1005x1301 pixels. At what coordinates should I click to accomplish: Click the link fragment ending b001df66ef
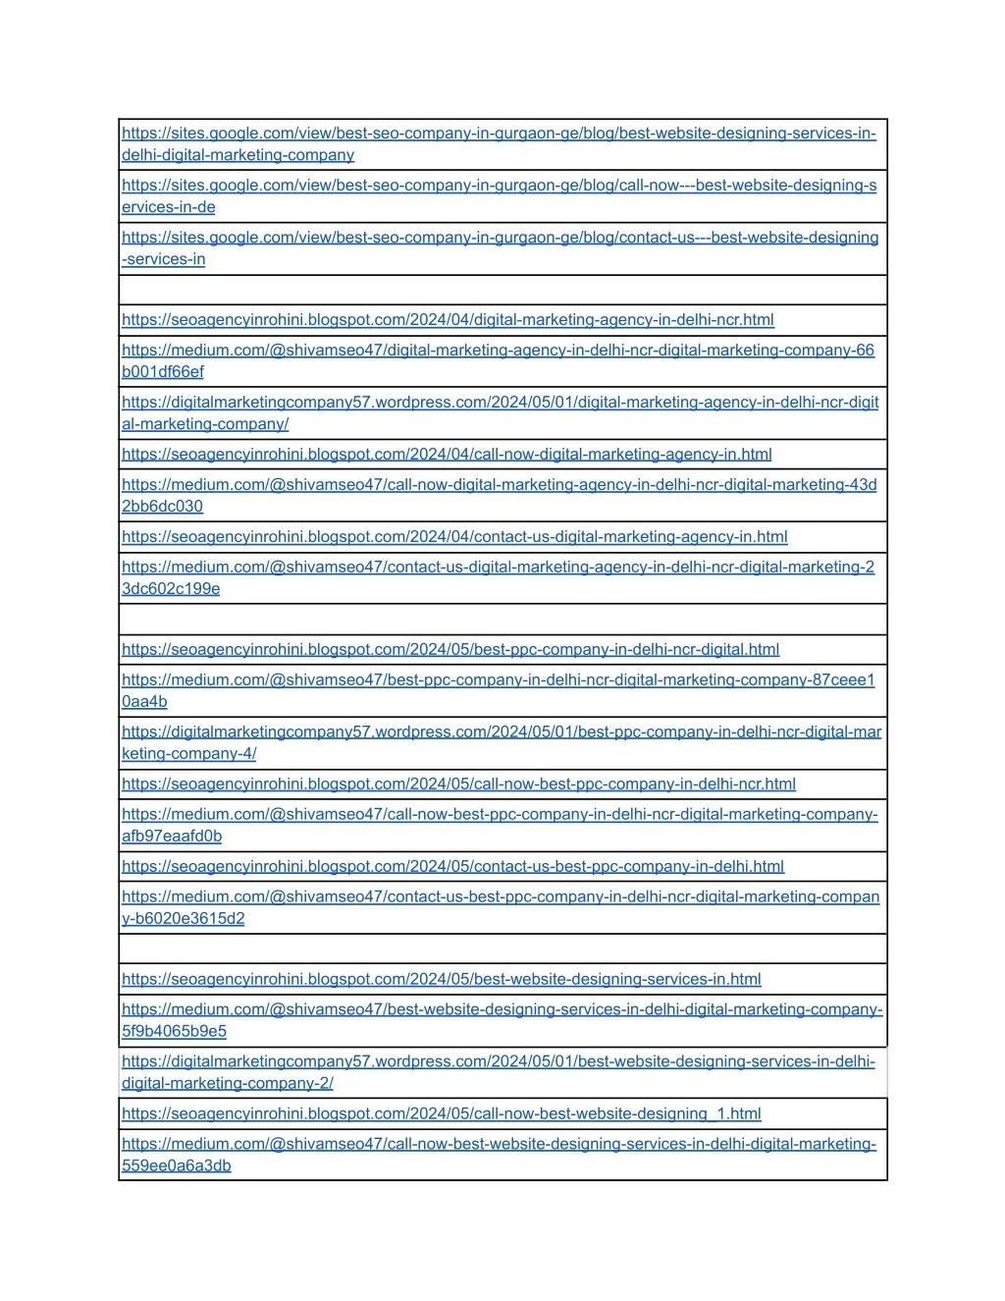pyautogui.click(x=163, y=372)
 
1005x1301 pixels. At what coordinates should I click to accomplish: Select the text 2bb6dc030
pyautogui.click(x=162, y=507)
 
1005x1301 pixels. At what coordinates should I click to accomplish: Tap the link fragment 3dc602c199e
pyautogui.click(x=171, y=589)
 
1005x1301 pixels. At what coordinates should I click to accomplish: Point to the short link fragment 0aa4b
pyautogui.click(x=144, y=702)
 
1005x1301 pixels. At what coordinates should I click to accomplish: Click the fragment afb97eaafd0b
pyautogui.click(x=172, y=837)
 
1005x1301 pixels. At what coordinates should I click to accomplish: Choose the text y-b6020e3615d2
pyautogui.click(x=184, y=919)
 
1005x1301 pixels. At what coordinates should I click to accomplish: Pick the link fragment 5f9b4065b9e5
pyautogui.click(x=174, y=1032)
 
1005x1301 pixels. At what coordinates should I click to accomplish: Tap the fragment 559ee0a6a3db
pyautogui.click(x=177, y=1166)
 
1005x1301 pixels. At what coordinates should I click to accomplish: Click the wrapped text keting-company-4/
pyautogui.click(x=189, y=754)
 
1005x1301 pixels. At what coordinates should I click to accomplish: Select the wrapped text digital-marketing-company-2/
pyautogui.click(x=228, y=1084)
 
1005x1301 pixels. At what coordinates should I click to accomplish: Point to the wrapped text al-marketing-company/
pyautogui.click(x=205, y=424)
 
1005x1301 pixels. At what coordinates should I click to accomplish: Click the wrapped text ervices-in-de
pyautogui.click(x=169, y=207)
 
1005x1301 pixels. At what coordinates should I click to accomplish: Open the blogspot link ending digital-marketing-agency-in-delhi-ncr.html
pyautogui.click(x=448, y=320)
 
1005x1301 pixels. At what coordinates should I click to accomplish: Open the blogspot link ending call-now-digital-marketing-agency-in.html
pyautogui.click(x=447, y=455)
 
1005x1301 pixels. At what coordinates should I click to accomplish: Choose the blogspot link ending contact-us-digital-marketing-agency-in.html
pyautogui.click(x=454, y=537)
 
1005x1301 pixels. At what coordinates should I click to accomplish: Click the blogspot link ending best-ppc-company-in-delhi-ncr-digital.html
pyautogui.click(x=450, y=650)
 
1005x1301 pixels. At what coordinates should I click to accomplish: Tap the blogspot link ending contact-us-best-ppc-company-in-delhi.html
pyautogui.click(x=452, y=867)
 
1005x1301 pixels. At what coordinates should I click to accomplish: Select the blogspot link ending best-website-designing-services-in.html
pyautogui.click(x=442, y=980)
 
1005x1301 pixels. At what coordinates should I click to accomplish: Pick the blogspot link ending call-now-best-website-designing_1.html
pyautogui.click(x=442, y=1114)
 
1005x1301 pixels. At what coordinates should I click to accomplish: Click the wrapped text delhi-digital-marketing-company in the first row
pyautogui.click(x=238, y=155)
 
